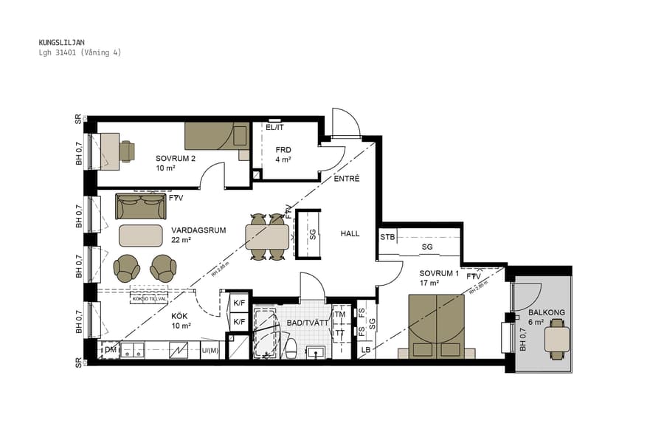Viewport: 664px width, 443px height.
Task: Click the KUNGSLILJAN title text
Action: click(x=61, y=43)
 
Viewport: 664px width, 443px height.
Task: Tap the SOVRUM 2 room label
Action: click(x=175, y=159)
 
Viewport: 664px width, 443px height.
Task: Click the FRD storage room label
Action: click(x=283, y=150)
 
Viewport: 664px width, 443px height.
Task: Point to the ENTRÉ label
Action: click(x=347, y=179)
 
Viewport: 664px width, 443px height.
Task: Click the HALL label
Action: click(x=350, y=233)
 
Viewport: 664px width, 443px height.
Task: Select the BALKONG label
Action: click(x=547, y=312)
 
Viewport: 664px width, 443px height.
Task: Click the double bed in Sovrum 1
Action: click(x=436, y=325)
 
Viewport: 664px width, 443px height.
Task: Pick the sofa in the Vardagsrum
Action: click(x=140, y=206)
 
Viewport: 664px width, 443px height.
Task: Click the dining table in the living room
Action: click(x=267, y=237)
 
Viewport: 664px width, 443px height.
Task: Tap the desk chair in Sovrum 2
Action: click(x=127, y=151)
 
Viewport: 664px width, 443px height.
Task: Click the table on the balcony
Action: click(x=557, y=340)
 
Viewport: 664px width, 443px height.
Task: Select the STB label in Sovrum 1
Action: click(x=387, y=237)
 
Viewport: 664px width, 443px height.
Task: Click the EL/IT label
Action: click(x=274, y=128)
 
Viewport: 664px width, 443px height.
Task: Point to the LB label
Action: click(x=366, y=349)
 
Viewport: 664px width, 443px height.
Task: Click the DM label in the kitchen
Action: click(x=109, y=349)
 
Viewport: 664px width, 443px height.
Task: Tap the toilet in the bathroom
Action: click(x=291, y=348)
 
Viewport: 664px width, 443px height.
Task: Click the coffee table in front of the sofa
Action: click(x=141, y=235)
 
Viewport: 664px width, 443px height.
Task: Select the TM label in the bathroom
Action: click(x=339, y=314)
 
